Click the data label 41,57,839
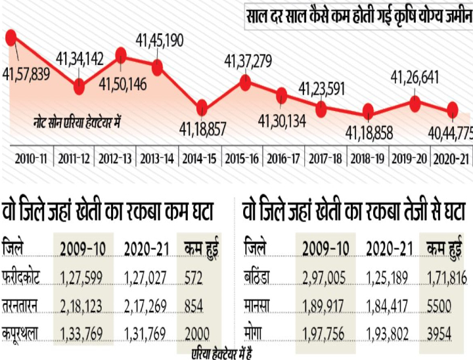click(x=26, y=74)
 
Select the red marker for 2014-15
click(x=202, y=107)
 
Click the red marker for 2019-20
click(x=415, y=102)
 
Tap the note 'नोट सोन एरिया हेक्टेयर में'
click(x=79, y=122)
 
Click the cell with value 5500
click(x=439, y=306)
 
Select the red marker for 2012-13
click(x=121, y=56)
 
